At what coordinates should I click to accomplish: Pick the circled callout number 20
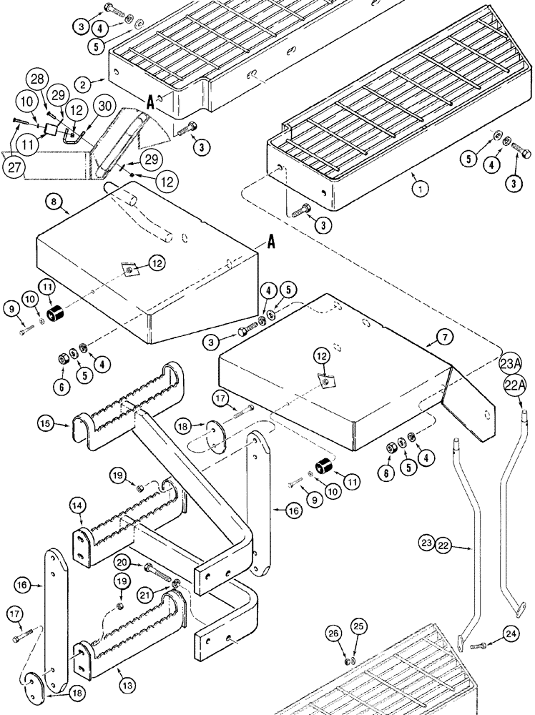click(x=122, y=563)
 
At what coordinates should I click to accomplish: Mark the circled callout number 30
click(x=104, y=106)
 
